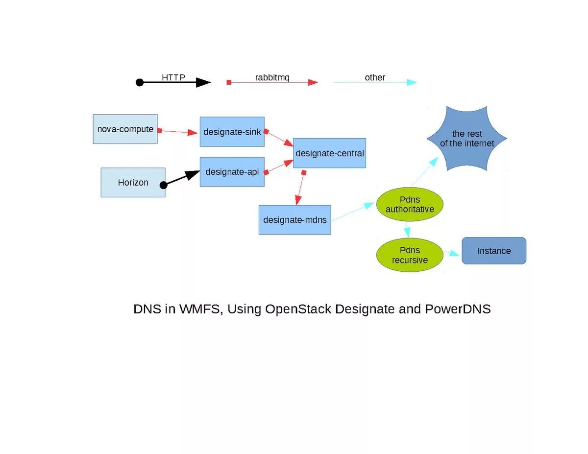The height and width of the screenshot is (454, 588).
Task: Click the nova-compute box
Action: point(125,129)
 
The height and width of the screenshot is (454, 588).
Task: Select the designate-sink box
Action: point(232,132)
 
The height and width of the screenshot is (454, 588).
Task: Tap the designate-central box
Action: point(329,153)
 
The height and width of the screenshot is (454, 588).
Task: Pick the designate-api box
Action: point(232,172)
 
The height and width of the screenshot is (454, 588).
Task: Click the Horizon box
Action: point(133,183)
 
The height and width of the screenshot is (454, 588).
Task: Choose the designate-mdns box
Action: point(294,220)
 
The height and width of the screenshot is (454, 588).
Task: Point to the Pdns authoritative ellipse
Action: point(410,204)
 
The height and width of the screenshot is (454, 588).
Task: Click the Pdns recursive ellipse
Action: point(410,255)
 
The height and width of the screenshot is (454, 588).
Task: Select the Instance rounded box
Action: point(494,251)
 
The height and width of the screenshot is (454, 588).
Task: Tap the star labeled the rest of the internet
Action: point(467,139)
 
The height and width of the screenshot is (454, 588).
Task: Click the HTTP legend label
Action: point(173,77)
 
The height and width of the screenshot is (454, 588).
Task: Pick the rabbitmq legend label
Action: point(272,77)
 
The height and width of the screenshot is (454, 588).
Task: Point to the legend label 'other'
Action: point(375,77)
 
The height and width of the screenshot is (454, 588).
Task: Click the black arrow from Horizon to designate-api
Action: point(181,178)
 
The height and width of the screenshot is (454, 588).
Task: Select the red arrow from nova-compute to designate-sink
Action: point(177,132)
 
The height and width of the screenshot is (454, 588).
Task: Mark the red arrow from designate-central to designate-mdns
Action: point(300,188)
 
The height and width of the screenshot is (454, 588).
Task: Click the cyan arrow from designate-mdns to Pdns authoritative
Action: point(353,212)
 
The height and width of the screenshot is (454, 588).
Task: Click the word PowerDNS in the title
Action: point(458,309)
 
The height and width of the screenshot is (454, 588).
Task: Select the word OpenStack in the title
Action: point(298,309)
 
